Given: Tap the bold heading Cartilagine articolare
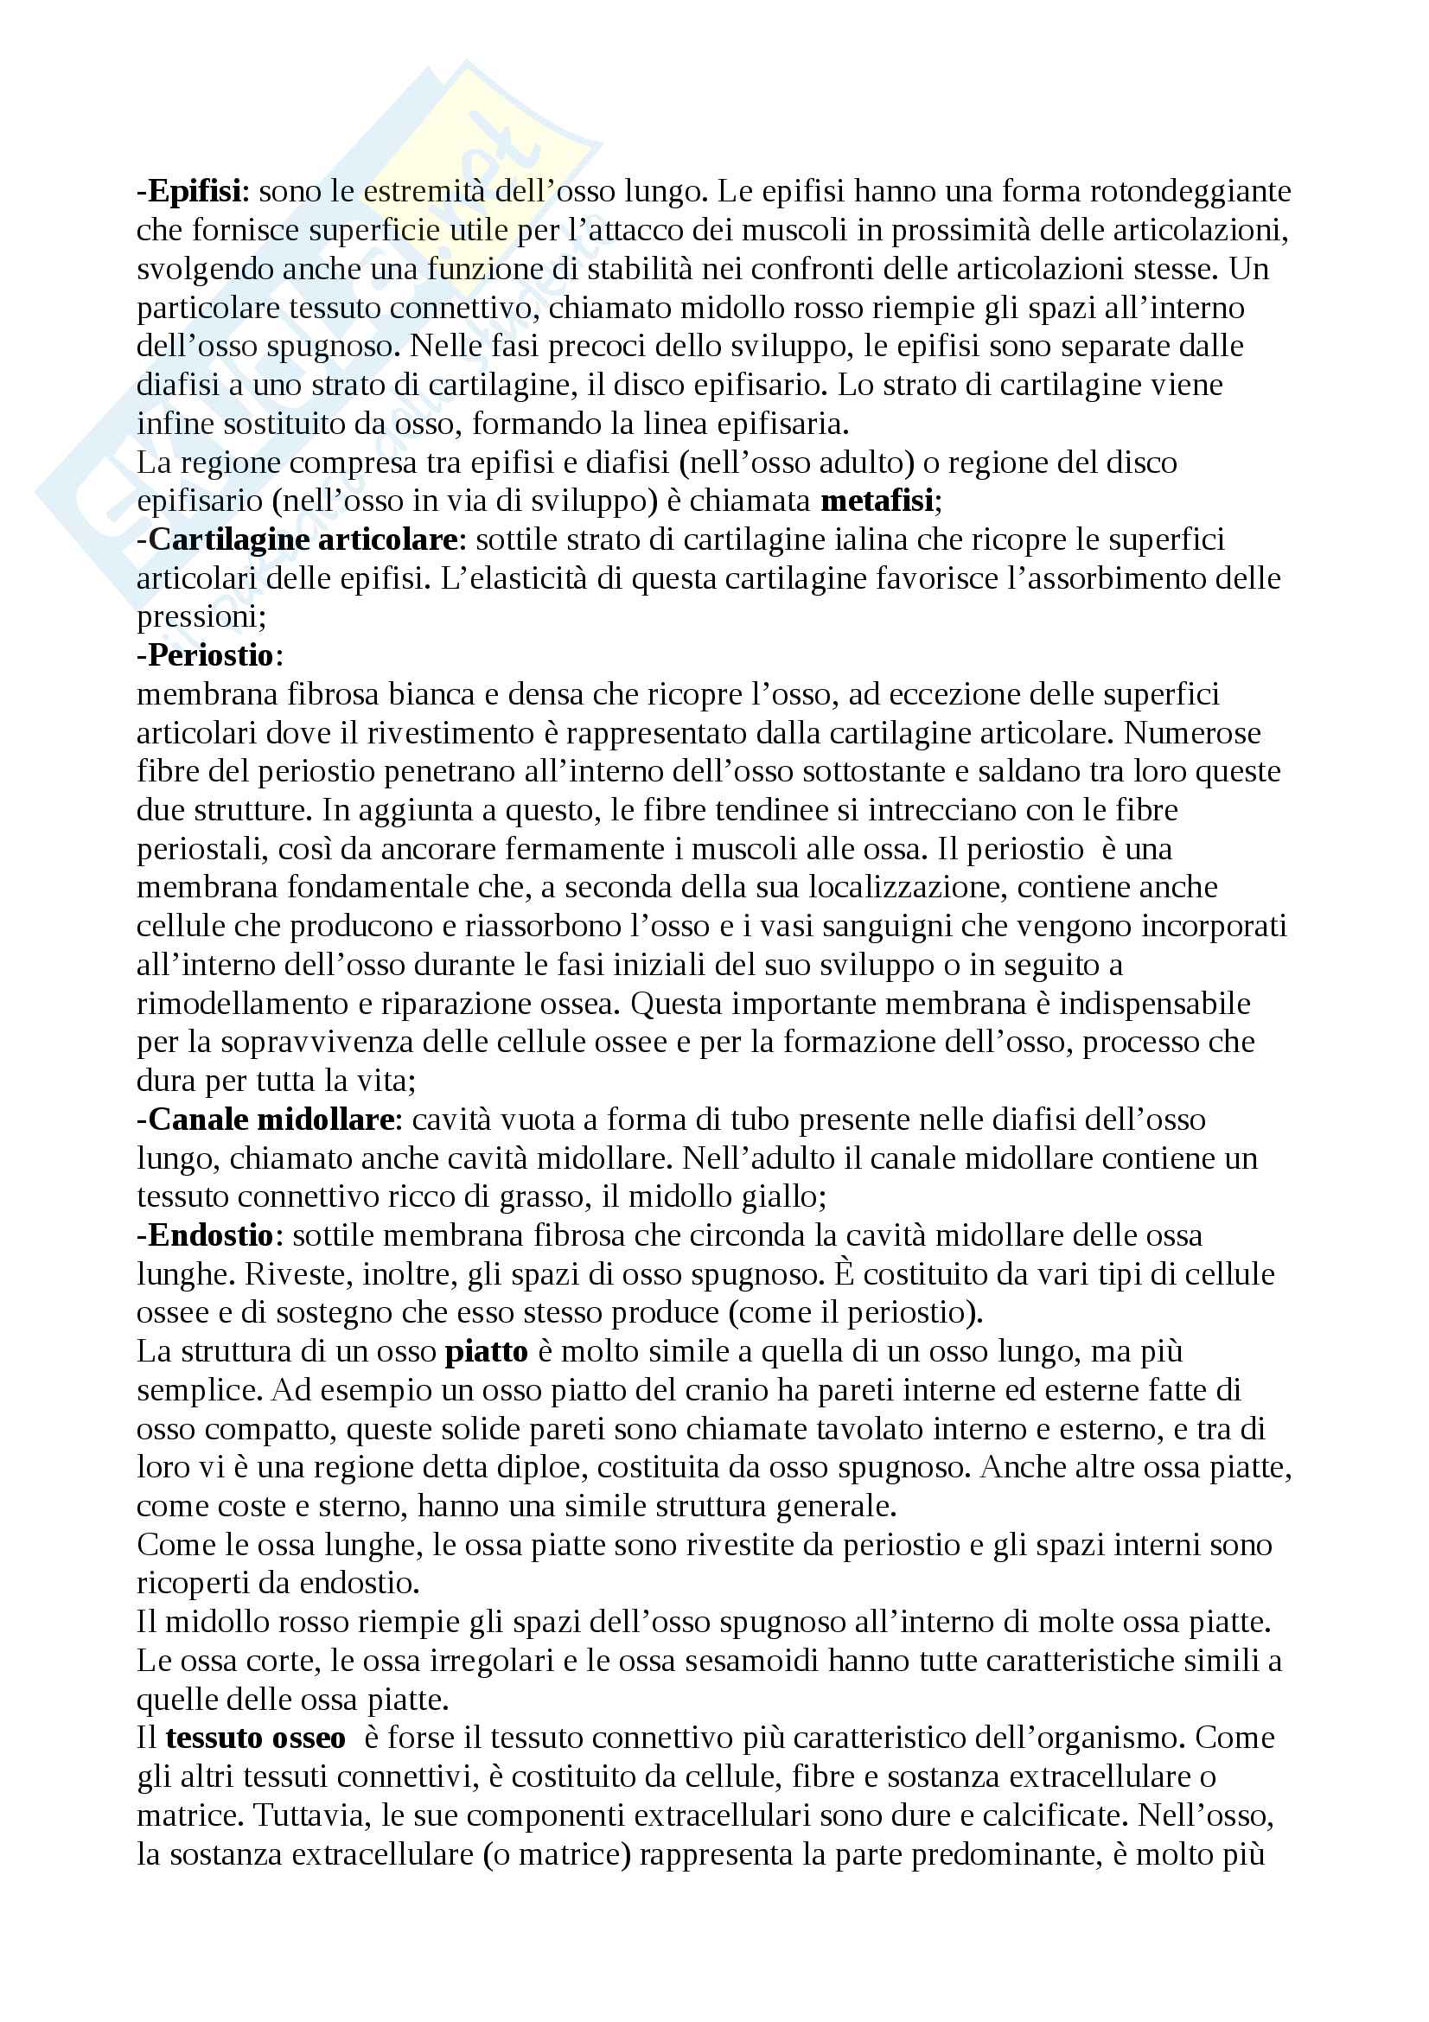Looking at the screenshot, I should (x=302, y=539).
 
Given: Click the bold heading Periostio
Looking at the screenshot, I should (x=209, y=655).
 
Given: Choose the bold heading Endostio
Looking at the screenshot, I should (x=209, y=1235).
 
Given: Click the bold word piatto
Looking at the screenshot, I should (x=486, y=1352).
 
